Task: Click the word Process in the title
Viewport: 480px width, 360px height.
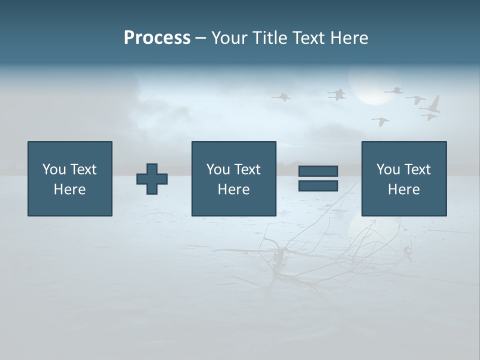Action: click(157, 37)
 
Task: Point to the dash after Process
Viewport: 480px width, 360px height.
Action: click(200, 38)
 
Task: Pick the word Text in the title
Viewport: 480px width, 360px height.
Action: click(309, 38)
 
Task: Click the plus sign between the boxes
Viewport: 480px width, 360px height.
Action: click(152, 178)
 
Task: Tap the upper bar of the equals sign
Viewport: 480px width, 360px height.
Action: click(318, 171)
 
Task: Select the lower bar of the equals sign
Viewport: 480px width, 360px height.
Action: click(318, 185)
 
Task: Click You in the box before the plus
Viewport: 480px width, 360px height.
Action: click(54, 169)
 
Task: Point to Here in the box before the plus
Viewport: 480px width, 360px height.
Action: click(69, 189)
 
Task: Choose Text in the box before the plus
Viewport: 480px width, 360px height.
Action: click(83, 169)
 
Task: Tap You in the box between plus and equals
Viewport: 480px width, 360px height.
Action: click(218, 169)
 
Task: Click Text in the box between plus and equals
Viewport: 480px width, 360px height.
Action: click(247, 169)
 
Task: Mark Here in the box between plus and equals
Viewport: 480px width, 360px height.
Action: click(233, 189)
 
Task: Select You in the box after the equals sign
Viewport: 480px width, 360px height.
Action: click(388, 169)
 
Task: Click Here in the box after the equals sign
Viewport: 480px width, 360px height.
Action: click(403, 189)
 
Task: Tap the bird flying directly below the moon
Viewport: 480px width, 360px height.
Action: click(381, 121)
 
